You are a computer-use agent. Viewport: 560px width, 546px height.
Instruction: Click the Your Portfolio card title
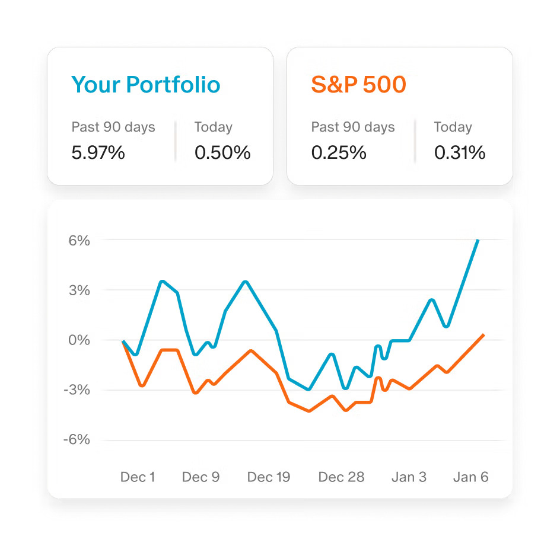pyautogui.click(x=145, y=85)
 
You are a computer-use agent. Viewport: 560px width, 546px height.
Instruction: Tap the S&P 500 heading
pyautogui.click(x=358, y=85)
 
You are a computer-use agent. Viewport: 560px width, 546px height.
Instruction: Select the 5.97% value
pyautogui.click(x=98, y=153)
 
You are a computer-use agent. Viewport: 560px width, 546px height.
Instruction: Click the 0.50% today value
pyautogui.click(x=222, y=153)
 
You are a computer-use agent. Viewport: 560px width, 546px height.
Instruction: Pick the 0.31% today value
pyautogui.click(x=460, y=153)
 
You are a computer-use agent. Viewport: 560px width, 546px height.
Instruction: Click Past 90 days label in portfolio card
pyautogui.click(x=113, y=127)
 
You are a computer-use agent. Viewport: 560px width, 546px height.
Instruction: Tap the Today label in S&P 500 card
pyautogui.click(x=453, y=127)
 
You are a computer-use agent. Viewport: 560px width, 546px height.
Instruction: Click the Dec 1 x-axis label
pyautogui.click(x=138, y=477)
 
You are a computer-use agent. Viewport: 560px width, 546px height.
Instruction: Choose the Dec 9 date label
pyautogui.click(x=201, y=477)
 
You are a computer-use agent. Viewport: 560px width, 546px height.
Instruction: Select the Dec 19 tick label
pyautogui.click(x=269, y=477)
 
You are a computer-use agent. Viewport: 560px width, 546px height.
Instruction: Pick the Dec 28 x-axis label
pyautogui.click(x=341, y=477)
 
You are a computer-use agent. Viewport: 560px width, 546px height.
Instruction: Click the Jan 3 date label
pyautogui.click(x=409, y=477)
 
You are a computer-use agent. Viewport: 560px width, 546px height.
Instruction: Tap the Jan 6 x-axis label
pyautogui.click(x=471, y=477)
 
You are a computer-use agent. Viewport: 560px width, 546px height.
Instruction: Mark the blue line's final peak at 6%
pyautogui.click(x=478, y=241)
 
